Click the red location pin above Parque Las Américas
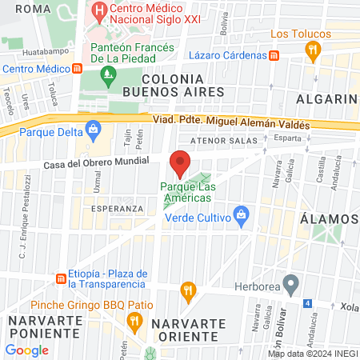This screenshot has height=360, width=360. coord(180,163)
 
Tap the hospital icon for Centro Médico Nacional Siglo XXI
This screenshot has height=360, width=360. coord(99,12)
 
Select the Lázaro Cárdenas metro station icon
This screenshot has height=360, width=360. coord(274,56)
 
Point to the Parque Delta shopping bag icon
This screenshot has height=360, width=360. coord(94,127)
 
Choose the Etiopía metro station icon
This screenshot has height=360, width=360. coord(61,278)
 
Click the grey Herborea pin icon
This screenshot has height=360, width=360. coord(291,282)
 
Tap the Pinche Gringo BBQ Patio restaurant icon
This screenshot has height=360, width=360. coord(134,321)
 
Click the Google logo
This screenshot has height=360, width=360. coord(27,350)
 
